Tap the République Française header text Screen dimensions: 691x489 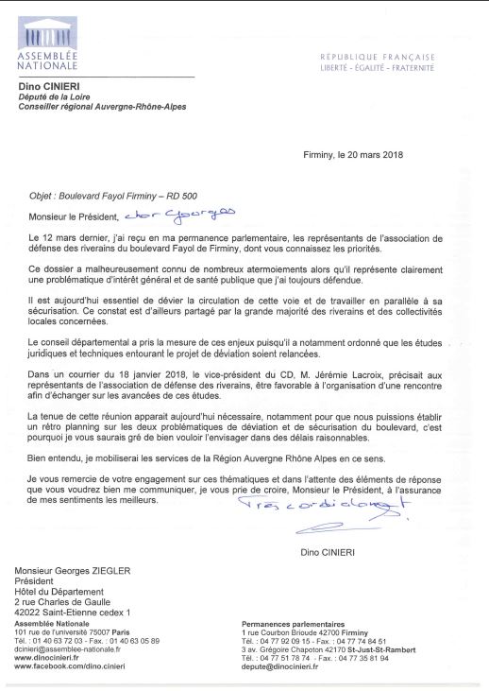[377, 58]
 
